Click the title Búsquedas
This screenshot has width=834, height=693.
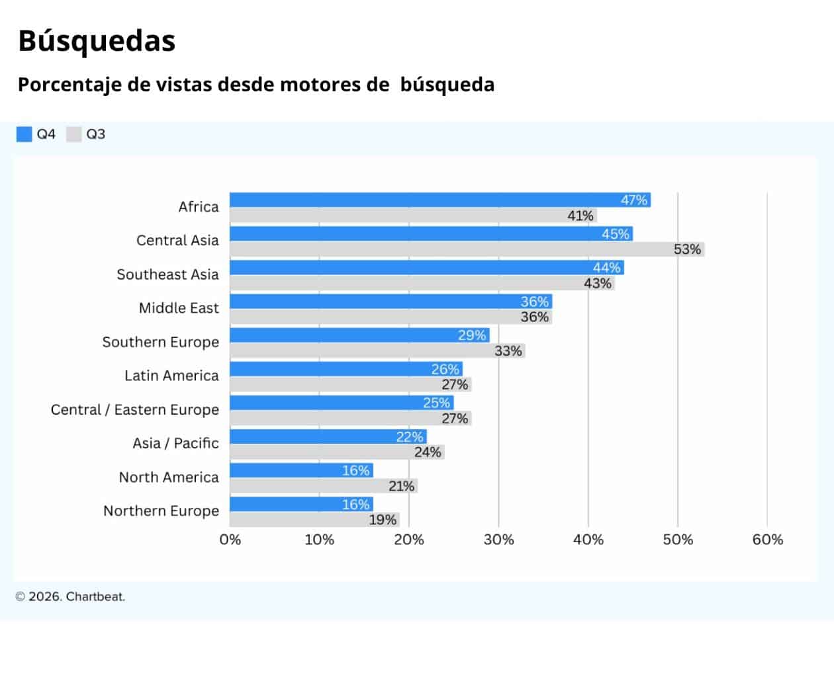tap(97, 41)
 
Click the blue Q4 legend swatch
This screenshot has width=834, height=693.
tap(24, 134)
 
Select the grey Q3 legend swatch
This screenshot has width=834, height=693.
tap(74, 134)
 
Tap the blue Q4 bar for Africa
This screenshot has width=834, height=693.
tap(424, 200)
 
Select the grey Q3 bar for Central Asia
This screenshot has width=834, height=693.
tap(450, 249)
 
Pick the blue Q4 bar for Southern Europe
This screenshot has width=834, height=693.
tap(344, 335)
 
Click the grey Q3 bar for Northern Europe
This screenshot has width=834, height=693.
tap(298, 520)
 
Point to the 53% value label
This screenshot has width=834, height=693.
tap(687, 249)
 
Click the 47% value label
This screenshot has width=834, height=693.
tap(633, 200)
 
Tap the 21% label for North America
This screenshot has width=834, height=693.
tap(401, 486)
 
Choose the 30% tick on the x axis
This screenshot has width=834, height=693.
tap(498, 540)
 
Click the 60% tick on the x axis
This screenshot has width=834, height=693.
tap(767, 540)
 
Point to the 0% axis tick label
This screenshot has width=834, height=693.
tap(230, 540)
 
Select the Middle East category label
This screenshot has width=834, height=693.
tap(179, 308)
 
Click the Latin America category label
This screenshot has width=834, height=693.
tap(171, 376)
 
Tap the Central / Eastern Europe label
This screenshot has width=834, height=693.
tap(135, 410)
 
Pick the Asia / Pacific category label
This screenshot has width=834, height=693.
tap(175, 443)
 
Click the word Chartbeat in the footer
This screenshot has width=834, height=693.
tap(95, 596)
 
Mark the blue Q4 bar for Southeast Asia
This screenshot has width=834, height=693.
tap(410, 267)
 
